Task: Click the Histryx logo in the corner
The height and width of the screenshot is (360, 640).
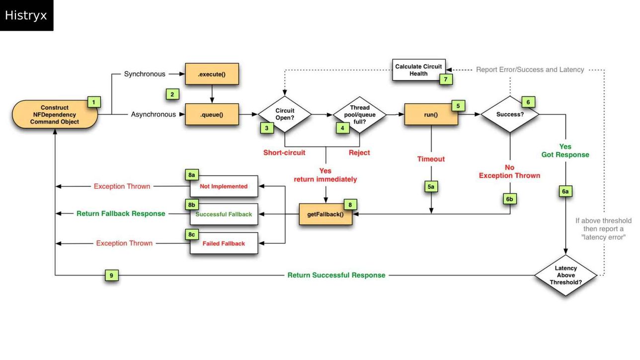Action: [x=26, y=15]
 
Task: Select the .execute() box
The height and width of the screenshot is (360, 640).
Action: [x=212, y=74]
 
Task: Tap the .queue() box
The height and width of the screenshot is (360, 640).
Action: [x=212, y=115]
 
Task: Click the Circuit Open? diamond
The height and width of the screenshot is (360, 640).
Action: [x=285, y=114]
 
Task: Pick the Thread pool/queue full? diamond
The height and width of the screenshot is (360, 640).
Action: [x=359, y=115]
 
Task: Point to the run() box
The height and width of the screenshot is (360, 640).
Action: [x=431, y=115]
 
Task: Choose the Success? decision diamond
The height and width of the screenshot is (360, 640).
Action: [x=510, y=114]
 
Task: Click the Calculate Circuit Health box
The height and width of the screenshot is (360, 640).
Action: [x=418, y=70]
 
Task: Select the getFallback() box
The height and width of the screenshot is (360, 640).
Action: [x=325, y=214]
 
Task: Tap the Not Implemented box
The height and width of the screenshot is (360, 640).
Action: [x=224, y=186]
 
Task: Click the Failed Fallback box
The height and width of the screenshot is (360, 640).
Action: [x=224, y=243]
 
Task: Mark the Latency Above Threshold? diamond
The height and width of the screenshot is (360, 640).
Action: [x=565, y=275]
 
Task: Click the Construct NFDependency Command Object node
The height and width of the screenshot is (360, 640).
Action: [x=55, y=115]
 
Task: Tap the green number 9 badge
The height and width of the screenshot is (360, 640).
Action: [x=111, y=276]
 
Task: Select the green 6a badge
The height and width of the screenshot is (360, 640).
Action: [x=565, y=191]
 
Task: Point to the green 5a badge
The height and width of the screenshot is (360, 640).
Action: [x=431, y=187]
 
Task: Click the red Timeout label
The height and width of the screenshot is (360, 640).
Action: [x=431, y=159]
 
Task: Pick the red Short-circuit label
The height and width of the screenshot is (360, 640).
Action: [x=284, y=152]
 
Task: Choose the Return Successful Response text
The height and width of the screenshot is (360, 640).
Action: [x=336, y=275]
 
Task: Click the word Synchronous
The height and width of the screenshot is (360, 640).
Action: [x=145, y=74]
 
